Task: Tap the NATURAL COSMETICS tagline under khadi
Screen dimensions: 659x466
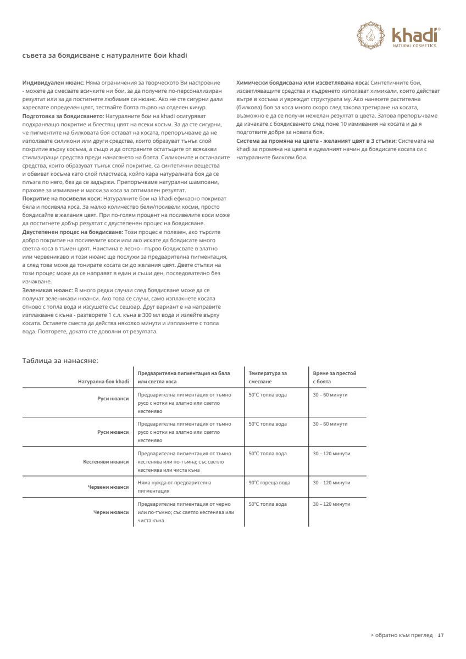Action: click(414, 46)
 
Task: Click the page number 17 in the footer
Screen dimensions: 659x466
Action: click(440, 635)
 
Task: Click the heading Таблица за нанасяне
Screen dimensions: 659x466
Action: click(60, 360)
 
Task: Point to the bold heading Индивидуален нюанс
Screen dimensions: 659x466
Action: click(53, 82)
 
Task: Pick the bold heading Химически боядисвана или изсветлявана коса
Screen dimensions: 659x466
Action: click(302, 82)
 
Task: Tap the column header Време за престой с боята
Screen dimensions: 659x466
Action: click(334, 377)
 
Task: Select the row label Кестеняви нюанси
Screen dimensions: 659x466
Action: click(106, 462)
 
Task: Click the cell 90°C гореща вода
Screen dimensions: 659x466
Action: click(269, 483)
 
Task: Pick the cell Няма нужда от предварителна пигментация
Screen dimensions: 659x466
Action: click(174, 487)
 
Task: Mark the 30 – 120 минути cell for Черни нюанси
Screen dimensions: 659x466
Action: click(331, 504)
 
